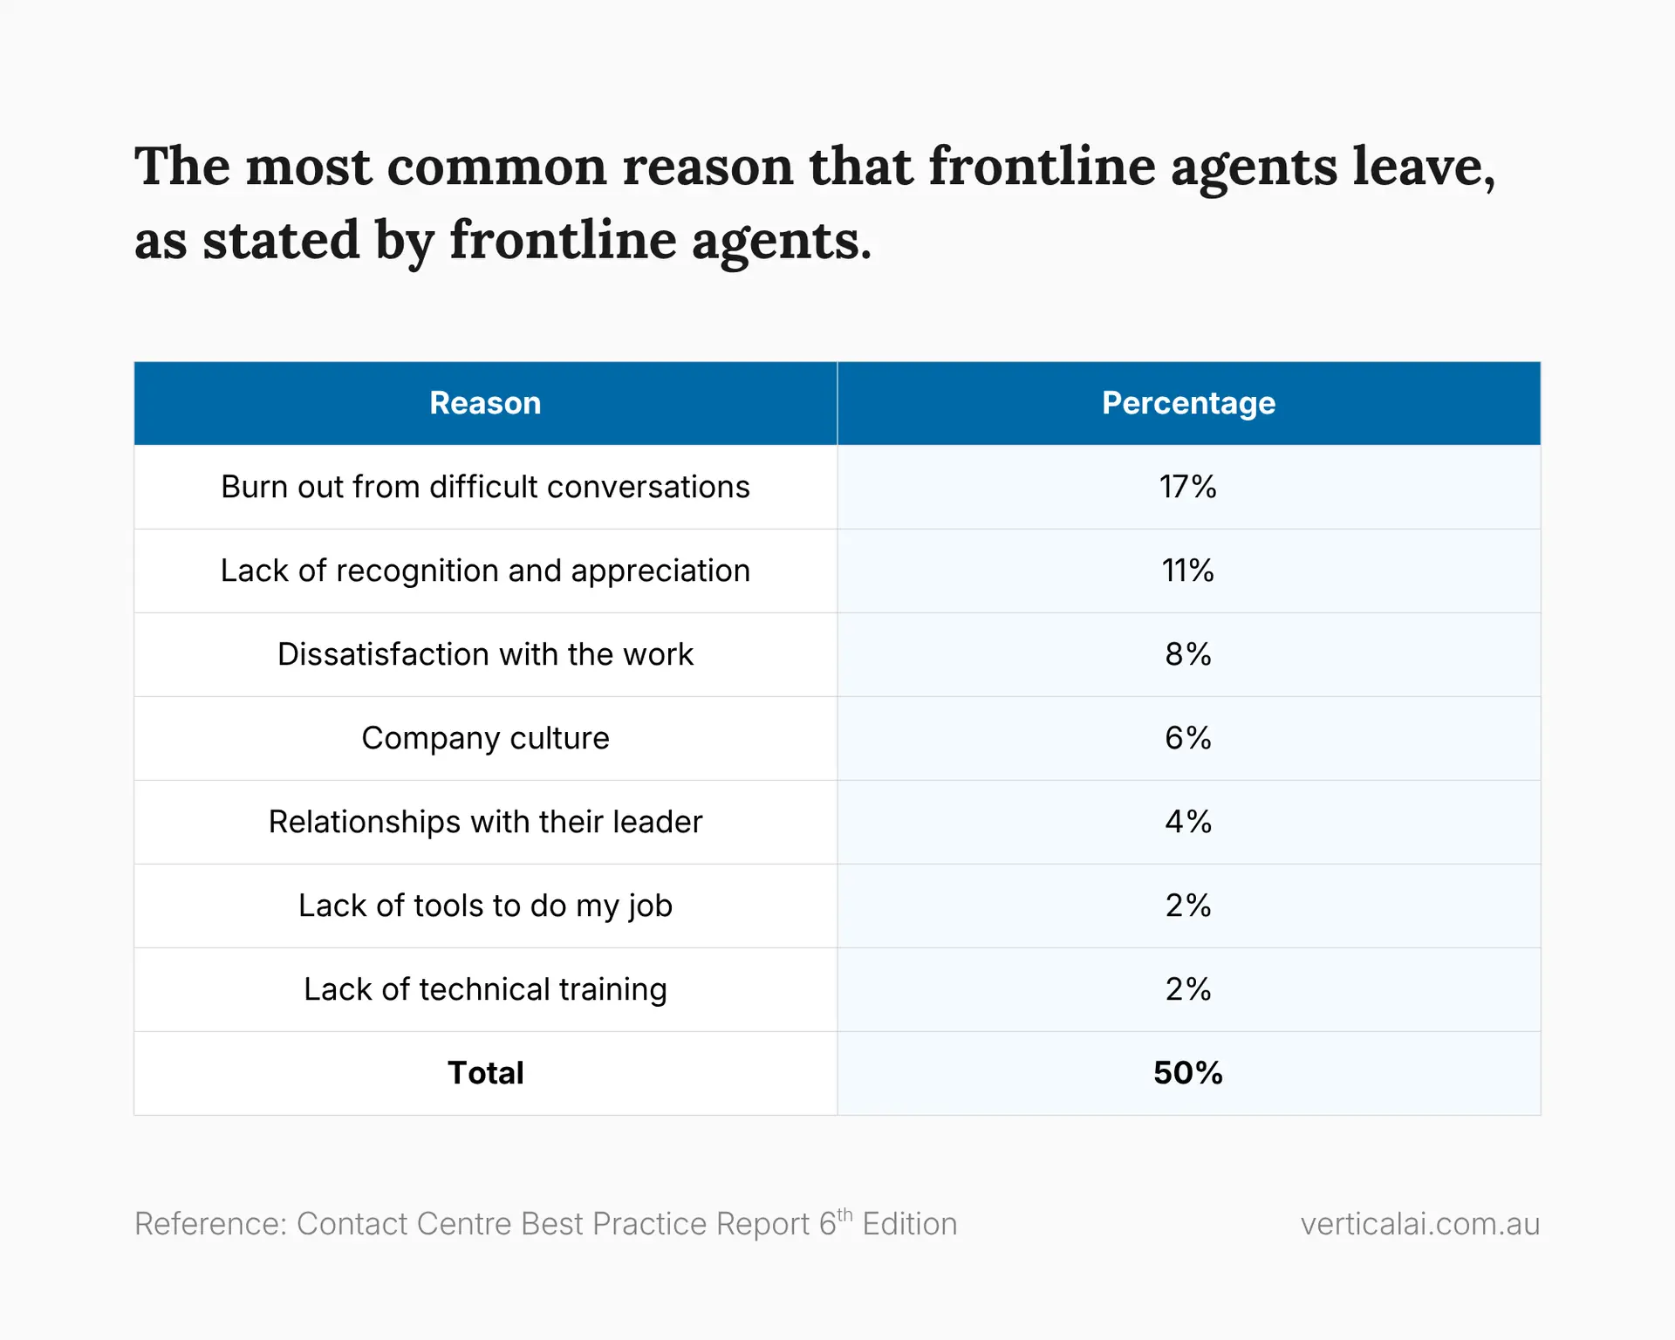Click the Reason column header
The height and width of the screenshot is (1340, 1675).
[485, 403]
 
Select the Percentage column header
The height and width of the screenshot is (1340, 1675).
[1188, 403]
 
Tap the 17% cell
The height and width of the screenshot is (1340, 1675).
[1187, 487]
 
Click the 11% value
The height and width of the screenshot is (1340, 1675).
[1187, 571]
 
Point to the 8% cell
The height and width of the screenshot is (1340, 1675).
[1187, 654]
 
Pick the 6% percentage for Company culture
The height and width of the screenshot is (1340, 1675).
[1187, 738]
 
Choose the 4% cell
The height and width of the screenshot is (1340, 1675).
[1187, 822]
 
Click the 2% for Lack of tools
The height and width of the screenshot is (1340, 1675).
[1187, 906]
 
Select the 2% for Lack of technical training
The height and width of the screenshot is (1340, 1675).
[1187, 989]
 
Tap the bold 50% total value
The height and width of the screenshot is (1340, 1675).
[1187, 1073]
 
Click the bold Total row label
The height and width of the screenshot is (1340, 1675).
[485, 1073]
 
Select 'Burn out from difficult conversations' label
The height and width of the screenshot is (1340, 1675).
[485, 487]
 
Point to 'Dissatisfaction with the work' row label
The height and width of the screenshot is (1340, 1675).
[485, 654]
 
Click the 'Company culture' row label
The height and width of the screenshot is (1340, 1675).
[485, 738]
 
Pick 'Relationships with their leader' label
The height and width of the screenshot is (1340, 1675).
[485, 822]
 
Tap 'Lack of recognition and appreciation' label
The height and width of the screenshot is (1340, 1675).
[485, 571]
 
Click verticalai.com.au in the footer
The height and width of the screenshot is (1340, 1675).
[1419, 1224]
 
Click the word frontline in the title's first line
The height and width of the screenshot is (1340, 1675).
[1041, 166]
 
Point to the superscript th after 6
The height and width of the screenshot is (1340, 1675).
[844, 1214]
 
